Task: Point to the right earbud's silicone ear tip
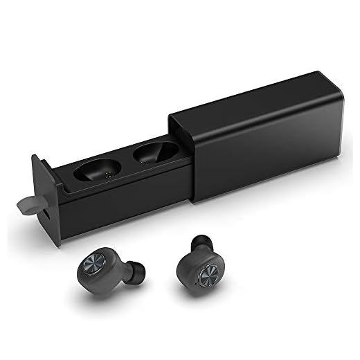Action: point(201,242)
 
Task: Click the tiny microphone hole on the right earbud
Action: point(198,282)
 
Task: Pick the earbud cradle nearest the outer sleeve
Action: point(154,152)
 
